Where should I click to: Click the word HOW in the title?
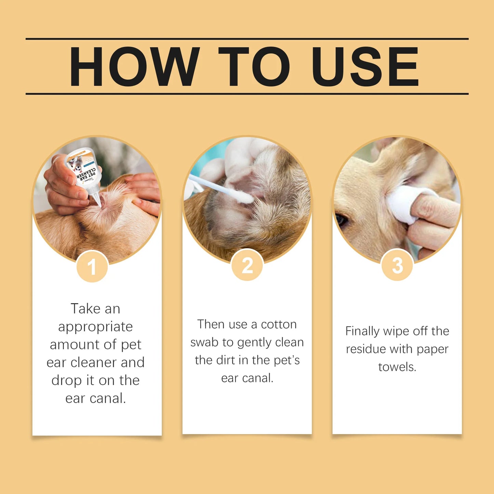[134, 66]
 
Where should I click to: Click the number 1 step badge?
[92, 267]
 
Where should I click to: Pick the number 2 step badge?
[247, 266]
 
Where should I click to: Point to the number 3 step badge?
[397, 266]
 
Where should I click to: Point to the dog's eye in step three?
[341, 219]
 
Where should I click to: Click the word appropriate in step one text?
[95, 327]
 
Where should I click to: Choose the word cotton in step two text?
[279, 324]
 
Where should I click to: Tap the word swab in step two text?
[204, 342]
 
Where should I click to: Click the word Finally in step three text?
[362, 331]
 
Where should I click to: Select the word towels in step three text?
[397, 367]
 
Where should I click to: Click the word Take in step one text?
[85, 309]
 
